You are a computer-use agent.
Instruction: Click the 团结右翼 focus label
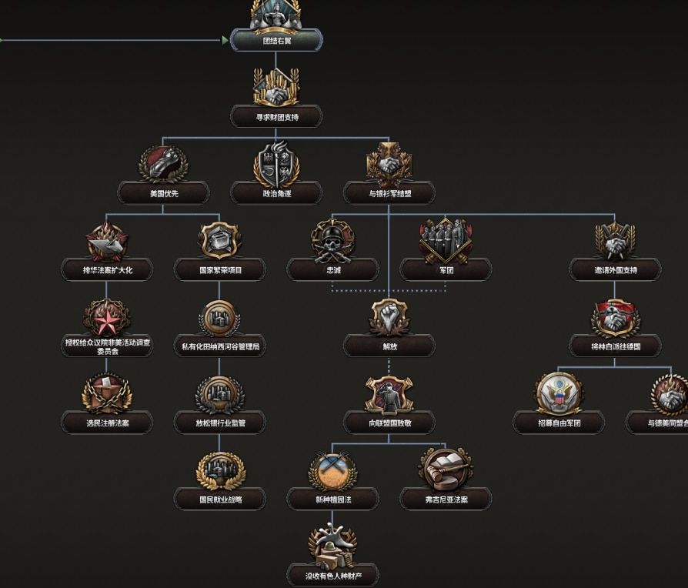[x=276, y=40]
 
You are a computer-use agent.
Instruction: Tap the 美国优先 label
[x=163, y=193]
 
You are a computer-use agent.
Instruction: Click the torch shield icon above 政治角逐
[x=276, y=163]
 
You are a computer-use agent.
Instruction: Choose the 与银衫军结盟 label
[x=389, y=193]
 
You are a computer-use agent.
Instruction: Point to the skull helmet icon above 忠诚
[x=332, y=240]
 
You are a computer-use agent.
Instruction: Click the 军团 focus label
[x=446, y=269]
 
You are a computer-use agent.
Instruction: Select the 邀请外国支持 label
[x=614, y=269]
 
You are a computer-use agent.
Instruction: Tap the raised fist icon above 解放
[x=389, y=316]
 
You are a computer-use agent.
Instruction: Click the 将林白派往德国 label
[x=614, y=346]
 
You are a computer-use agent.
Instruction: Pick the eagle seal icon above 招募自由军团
[x=559, y=393]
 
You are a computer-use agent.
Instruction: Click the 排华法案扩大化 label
[x=107, y=269]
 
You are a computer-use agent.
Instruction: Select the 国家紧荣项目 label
[x=219, y=269]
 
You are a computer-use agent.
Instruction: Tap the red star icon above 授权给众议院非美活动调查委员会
[x=107, y=316]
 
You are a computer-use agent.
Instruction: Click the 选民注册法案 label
[x=107, y=422]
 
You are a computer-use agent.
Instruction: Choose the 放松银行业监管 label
[x=219, y=422]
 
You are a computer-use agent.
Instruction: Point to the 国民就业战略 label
[x=219, y=499]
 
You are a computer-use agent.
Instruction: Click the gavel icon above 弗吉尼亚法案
[x=446, y=469]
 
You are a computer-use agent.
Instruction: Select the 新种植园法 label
[x=332, y=499]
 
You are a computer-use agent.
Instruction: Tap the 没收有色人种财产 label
[x=332, y=574]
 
